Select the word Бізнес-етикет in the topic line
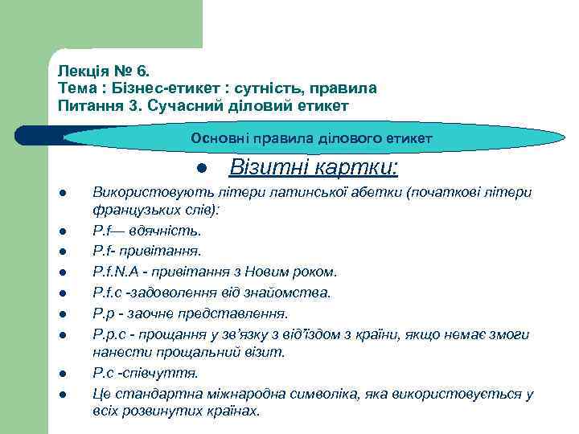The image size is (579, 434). coord(156,88)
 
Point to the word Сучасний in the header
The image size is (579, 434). coord(179,105)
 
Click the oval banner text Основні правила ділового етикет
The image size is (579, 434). coord(312,139)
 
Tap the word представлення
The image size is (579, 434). coord(241,313)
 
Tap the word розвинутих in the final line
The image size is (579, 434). coord(164,411)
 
